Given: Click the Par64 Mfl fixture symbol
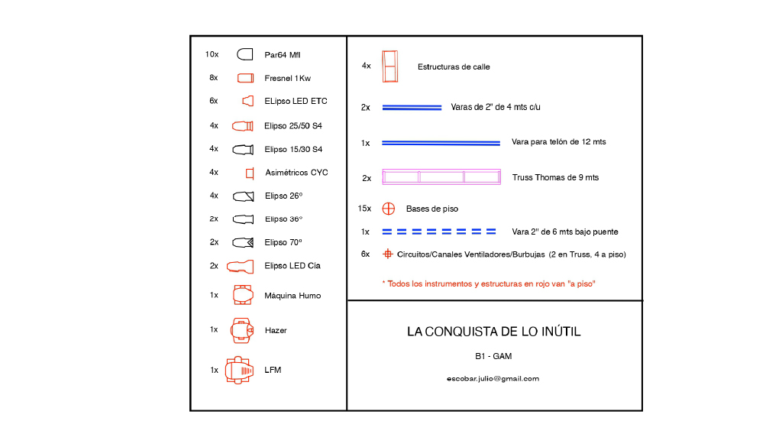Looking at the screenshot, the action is (x=245, y=54).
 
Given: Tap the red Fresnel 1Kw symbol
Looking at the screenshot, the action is (x=245, y=78).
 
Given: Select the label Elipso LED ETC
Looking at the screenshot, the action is (x=296, y=101).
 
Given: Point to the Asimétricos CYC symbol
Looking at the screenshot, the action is (x=250, y=173).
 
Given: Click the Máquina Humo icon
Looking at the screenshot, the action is (x=243, y=295).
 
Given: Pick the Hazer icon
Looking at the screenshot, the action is (x=242, y=330).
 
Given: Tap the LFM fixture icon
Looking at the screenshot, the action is (x=239, y=370).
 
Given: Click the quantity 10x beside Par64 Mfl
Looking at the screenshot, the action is (x=212, y=54).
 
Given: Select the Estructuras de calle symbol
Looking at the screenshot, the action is (x=390, y=66).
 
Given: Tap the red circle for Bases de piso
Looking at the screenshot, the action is (x=389, y=209).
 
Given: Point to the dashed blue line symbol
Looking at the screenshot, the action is (x=439, y=232).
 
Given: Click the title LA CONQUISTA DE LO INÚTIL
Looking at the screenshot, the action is (x=494, y=332).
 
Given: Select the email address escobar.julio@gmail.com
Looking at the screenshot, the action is (x=493, y=379).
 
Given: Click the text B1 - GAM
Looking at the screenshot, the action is (x=493, y=356).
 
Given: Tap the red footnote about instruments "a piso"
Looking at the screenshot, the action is (x=489, y=283).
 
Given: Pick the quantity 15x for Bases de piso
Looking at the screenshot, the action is (x=364, y=209).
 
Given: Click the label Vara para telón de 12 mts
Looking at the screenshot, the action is (x=558, y=141).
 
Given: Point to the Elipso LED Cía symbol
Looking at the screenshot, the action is (x=240, y=267).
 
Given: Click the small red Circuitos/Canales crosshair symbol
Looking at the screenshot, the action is (x=387, y=254).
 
